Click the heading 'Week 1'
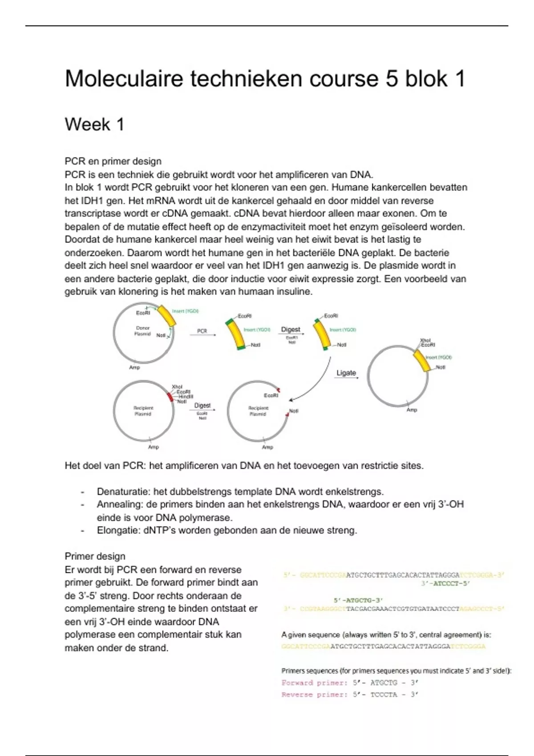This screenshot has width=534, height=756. [94, 125]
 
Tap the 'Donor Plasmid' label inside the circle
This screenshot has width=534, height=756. [142, 331]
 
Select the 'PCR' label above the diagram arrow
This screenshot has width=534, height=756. [202, 331]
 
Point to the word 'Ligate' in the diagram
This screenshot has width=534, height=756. [346, 373]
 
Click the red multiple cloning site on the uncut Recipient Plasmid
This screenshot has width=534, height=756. [170, 397]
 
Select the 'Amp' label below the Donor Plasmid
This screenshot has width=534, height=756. [134, 367]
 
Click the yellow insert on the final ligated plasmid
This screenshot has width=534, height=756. [422, 361]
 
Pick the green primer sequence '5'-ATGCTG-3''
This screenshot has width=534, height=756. [358, 600]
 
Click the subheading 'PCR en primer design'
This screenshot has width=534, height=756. [113, 161]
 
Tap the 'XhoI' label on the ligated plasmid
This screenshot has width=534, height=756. [425, 340]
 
